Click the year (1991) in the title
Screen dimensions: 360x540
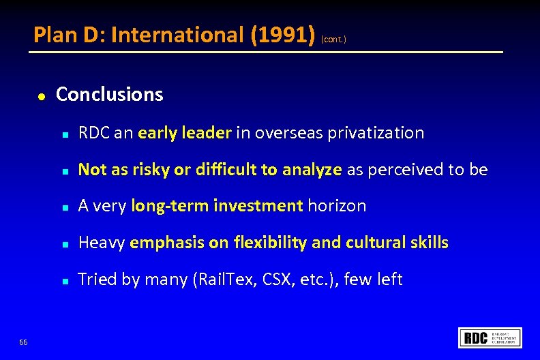pyautogui.click(x=282, y=35)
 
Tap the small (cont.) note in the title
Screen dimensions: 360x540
pyautogui.click(x=334, y=40)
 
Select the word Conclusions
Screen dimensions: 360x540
pyautogui.click(x=109, y=94)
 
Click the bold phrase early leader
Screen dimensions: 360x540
pyautogui.click(x=184, y=133)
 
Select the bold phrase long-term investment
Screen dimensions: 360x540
pyautogui.click(x=217, y=206)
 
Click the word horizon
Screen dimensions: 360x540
pyautogui.click(x=337, y=206)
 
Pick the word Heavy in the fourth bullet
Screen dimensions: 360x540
pyautogui.click(x=102, y=243)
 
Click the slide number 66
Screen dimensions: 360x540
pyautogui.click(x=24, y=342)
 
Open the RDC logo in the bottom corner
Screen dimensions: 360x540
pyautogui.click(x=490, y=337)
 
